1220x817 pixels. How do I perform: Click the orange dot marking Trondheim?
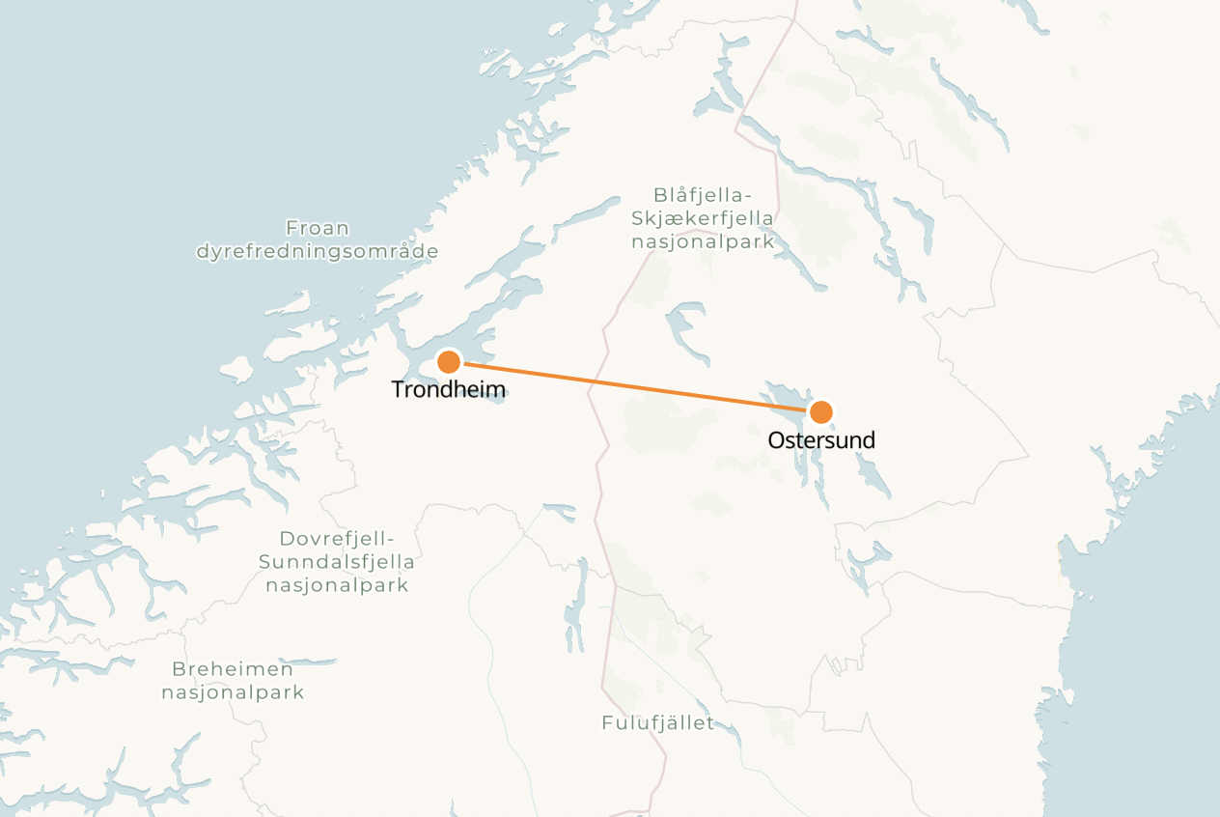click(449, 362)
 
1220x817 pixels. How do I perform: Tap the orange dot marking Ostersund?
click(820, 412)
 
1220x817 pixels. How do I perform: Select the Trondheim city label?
click(448, 389)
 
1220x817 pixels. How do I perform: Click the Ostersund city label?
click(821, 440)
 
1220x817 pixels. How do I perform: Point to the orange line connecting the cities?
click(634, 387)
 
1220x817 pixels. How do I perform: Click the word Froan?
click(318, 229)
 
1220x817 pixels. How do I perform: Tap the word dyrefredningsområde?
click(318, 252)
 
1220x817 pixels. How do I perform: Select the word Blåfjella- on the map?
click(702, 196)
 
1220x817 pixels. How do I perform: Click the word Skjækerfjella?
click(702, 219)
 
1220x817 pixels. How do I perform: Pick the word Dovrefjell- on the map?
click(337, 539)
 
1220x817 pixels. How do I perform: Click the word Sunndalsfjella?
click(337, 562)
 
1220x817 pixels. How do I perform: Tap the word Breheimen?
click(233, 669)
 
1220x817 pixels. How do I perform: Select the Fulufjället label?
click(657, 723)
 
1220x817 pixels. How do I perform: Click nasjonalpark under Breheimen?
click(233, 692)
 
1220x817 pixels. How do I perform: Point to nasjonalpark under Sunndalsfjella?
click(337, 585)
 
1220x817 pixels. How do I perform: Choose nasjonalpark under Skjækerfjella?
click(702, 242)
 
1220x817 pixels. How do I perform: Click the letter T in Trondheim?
click(397, 389)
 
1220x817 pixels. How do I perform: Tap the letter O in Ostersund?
click(776, 440)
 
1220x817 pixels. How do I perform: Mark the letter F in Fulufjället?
click(607, 723)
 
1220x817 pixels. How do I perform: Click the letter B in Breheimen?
click(178, 669)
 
